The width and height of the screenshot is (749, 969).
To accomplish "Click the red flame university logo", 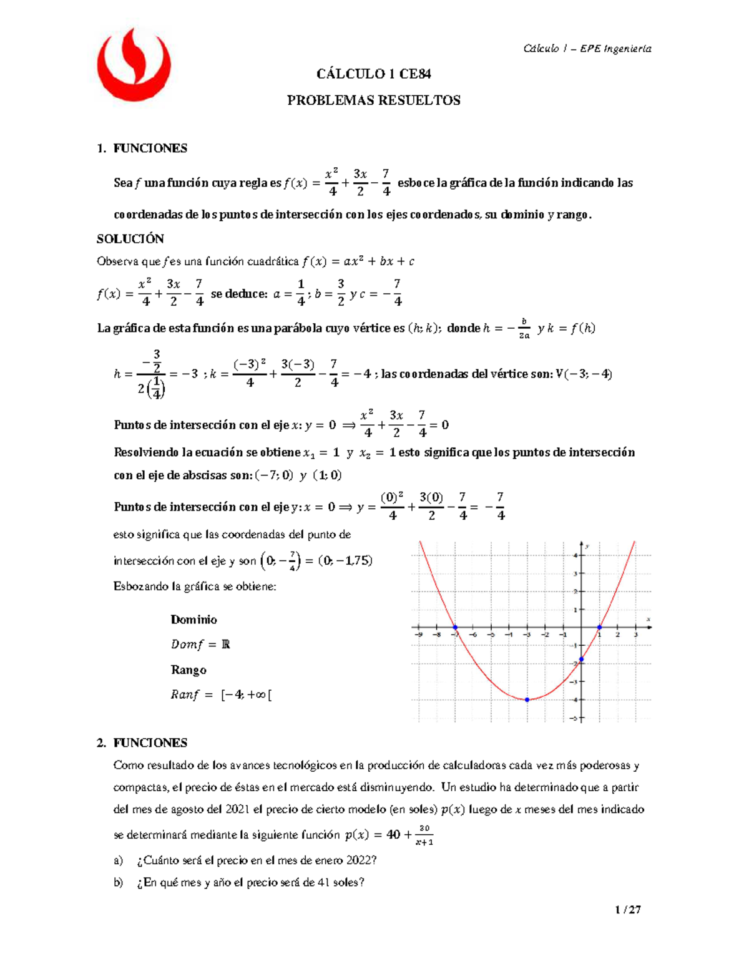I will click(x=136, y=64).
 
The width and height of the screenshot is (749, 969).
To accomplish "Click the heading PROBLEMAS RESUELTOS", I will click(x=373, y=100).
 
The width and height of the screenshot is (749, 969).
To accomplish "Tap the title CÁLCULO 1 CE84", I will click(x=373, y=74).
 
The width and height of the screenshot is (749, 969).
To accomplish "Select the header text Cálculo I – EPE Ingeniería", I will click(x=587, y=49).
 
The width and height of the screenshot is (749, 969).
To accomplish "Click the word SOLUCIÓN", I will click(x=130, y=239).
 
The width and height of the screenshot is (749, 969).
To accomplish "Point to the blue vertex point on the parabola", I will click(x=527, y=699).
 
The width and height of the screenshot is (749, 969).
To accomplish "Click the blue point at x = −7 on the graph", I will click(x=455, y=627).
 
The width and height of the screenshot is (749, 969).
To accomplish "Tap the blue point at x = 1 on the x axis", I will click(x=600, y=627).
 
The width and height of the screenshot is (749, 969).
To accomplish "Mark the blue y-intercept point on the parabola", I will click(x=582, y=659).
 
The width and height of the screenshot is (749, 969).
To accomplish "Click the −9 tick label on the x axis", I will click(x=418, y=635).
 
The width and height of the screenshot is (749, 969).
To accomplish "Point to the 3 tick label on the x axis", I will click(x=635, y=635).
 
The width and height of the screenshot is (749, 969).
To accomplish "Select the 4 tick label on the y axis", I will click(x=575, y=555).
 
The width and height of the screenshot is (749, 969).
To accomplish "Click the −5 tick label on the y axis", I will click(x=574, y=718).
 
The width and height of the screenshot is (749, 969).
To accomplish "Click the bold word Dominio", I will click(x=193, y=620).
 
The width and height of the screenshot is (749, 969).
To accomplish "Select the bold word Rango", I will click(x=188, y=670).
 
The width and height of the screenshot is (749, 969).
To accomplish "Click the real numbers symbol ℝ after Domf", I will click(x=225, y=645).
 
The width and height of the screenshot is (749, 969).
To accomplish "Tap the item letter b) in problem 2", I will click(x=118, y=882).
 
